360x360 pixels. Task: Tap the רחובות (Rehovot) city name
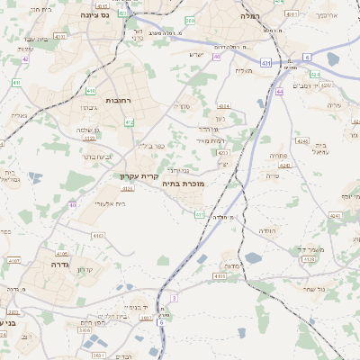(x=118, y=100)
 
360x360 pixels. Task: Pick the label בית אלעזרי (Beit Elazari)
(x=109, y=203)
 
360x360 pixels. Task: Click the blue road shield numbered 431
(x=266, y=63)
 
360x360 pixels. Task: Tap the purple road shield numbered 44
(x=281, y=91)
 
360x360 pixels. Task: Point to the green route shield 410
(x=92, y=91)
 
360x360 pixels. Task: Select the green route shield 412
(x=130, y=121)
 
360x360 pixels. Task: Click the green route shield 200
(x=189, y=20)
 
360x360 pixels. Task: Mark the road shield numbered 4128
(x=308, y=259)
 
